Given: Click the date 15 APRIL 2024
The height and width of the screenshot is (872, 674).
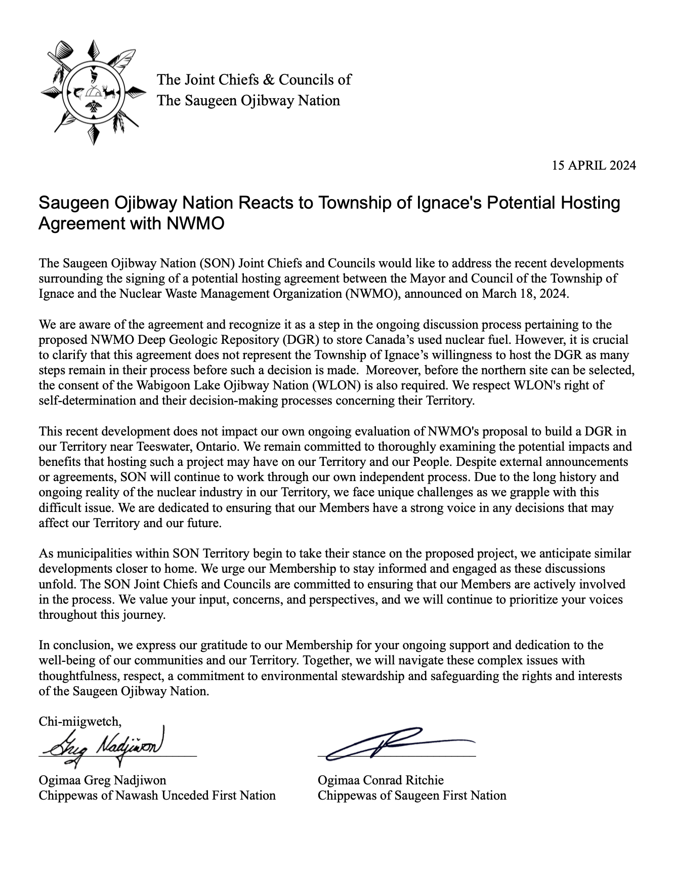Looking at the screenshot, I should tap(594, 165).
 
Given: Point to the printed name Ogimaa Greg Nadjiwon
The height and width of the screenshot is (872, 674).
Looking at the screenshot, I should tap(102, 780).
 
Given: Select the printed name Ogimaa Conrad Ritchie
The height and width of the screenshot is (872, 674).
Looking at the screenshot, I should tap(381, 780).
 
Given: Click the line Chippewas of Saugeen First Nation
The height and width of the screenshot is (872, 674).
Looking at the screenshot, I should tap(412, 795).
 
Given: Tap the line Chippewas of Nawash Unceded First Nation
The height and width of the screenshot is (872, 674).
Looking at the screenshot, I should tap(157, 795).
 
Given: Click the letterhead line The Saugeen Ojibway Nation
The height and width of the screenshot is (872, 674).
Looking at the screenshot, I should tap(248, 100).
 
